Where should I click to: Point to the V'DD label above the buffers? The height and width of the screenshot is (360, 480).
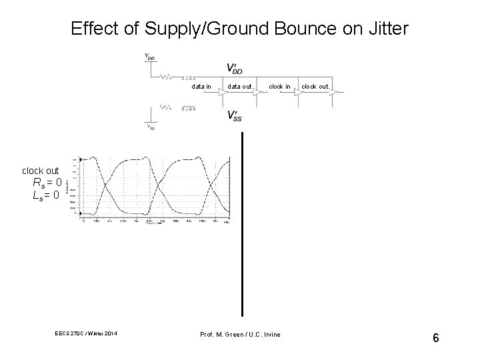pos(234,68)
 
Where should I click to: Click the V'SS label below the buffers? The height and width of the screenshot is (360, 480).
pos(234,116)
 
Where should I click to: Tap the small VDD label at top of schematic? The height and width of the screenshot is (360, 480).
pos(150,57)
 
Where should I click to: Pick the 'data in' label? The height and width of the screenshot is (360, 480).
pos(201,87)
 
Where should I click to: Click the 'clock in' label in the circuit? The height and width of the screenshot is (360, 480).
pos(279,87)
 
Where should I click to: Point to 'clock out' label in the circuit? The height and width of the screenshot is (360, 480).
pos(315,87)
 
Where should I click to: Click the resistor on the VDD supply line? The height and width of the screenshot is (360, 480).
pos(166,76)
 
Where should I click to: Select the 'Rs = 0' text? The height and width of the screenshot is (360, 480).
pos(47,183)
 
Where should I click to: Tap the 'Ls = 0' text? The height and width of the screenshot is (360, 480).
pos(47,195)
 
